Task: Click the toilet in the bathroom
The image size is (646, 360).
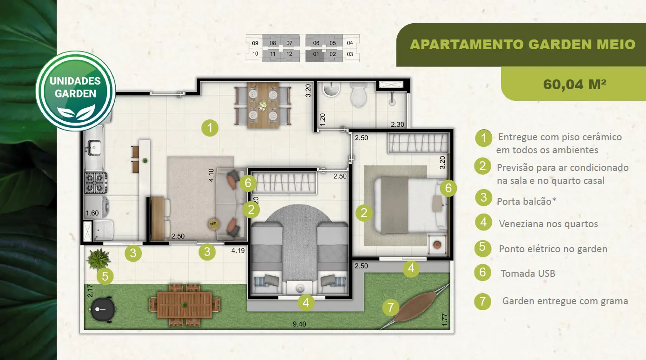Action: (359, 94)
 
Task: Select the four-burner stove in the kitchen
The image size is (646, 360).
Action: (95, 183)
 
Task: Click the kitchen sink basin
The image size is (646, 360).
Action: (94, 146)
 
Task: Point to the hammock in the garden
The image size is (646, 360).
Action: (416, 307)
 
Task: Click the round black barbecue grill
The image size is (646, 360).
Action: (103, 309)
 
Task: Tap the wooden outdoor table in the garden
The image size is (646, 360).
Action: (185, 305)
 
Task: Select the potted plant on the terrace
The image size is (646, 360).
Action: (98, 259)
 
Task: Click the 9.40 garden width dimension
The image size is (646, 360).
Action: (299, 324)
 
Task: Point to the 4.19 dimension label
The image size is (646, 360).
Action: (238, 251)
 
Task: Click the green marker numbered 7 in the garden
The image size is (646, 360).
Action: (390, 307)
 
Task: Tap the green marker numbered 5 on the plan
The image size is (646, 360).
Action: (105, 276)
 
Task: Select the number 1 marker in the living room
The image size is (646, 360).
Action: (210, 128)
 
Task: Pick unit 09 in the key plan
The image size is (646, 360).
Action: (255, 43)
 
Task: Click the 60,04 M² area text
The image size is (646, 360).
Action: (575, 85)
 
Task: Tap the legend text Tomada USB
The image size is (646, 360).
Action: (528, 274)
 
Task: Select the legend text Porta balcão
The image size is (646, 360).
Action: (527, 201)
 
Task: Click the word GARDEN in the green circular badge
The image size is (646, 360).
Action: (76, 94)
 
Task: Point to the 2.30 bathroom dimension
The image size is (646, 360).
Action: (397, 124)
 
